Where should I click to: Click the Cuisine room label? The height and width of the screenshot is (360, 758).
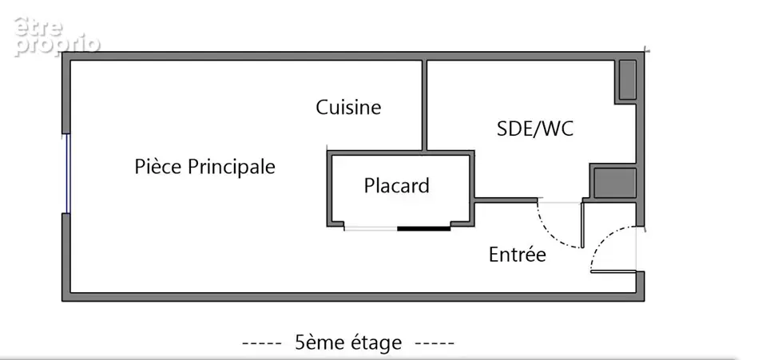348,107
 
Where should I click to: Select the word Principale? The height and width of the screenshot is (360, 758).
232,167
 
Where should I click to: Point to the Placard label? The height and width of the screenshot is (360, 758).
396,185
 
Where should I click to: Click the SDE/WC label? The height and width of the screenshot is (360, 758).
534,129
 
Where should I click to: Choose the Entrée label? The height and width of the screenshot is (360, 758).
518,254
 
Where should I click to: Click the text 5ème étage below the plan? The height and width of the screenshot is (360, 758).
348,342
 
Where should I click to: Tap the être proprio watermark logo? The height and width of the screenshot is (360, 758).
57,38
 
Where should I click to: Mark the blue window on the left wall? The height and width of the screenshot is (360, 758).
68,173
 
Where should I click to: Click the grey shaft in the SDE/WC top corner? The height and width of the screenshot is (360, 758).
628,80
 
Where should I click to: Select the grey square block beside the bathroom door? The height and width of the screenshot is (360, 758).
614,183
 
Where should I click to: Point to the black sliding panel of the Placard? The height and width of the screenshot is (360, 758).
424,228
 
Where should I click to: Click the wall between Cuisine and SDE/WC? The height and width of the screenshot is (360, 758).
424,105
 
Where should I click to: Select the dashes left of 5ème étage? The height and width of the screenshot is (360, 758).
261,343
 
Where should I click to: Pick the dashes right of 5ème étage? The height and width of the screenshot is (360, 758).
435,343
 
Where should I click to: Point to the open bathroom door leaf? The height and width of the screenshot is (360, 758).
582,224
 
